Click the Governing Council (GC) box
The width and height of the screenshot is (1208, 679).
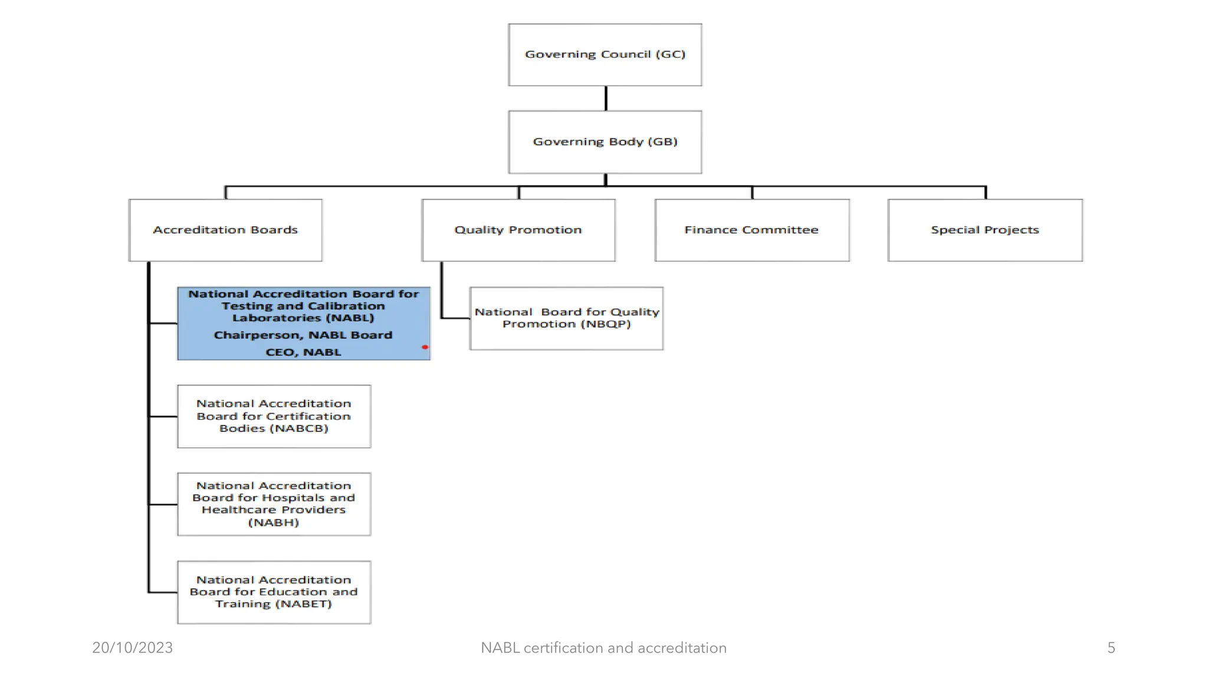tap(605, 55)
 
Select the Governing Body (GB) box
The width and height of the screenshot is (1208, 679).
tap(605, 142)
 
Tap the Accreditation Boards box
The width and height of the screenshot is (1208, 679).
tap(225, 230)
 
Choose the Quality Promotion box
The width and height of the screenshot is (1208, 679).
tap(518, 230)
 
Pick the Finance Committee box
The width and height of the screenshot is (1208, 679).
tap(751, 230)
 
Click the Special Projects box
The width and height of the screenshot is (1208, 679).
tap(984, 230)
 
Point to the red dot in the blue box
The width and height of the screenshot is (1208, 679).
tap(425, 347)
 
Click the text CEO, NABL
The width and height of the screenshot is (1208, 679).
tap(303, 352)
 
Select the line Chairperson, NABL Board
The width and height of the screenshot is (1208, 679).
tap(303, 335)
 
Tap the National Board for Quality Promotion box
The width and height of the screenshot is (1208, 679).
tap(566, 318)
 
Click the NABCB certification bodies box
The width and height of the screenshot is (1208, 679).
tap(274, 416)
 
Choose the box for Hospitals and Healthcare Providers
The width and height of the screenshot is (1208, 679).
tap(274, 504)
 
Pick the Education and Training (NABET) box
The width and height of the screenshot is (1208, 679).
tap(274, 592)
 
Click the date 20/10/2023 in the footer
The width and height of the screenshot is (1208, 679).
tap(132, 648)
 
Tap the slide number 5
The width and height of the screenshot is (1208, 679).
tap(1111, 648)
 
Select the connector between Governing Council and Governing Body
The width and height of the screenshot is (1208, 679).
tap(605, 98)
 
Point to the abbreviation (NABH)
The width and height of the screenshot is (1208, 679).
tap(274, 523)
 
